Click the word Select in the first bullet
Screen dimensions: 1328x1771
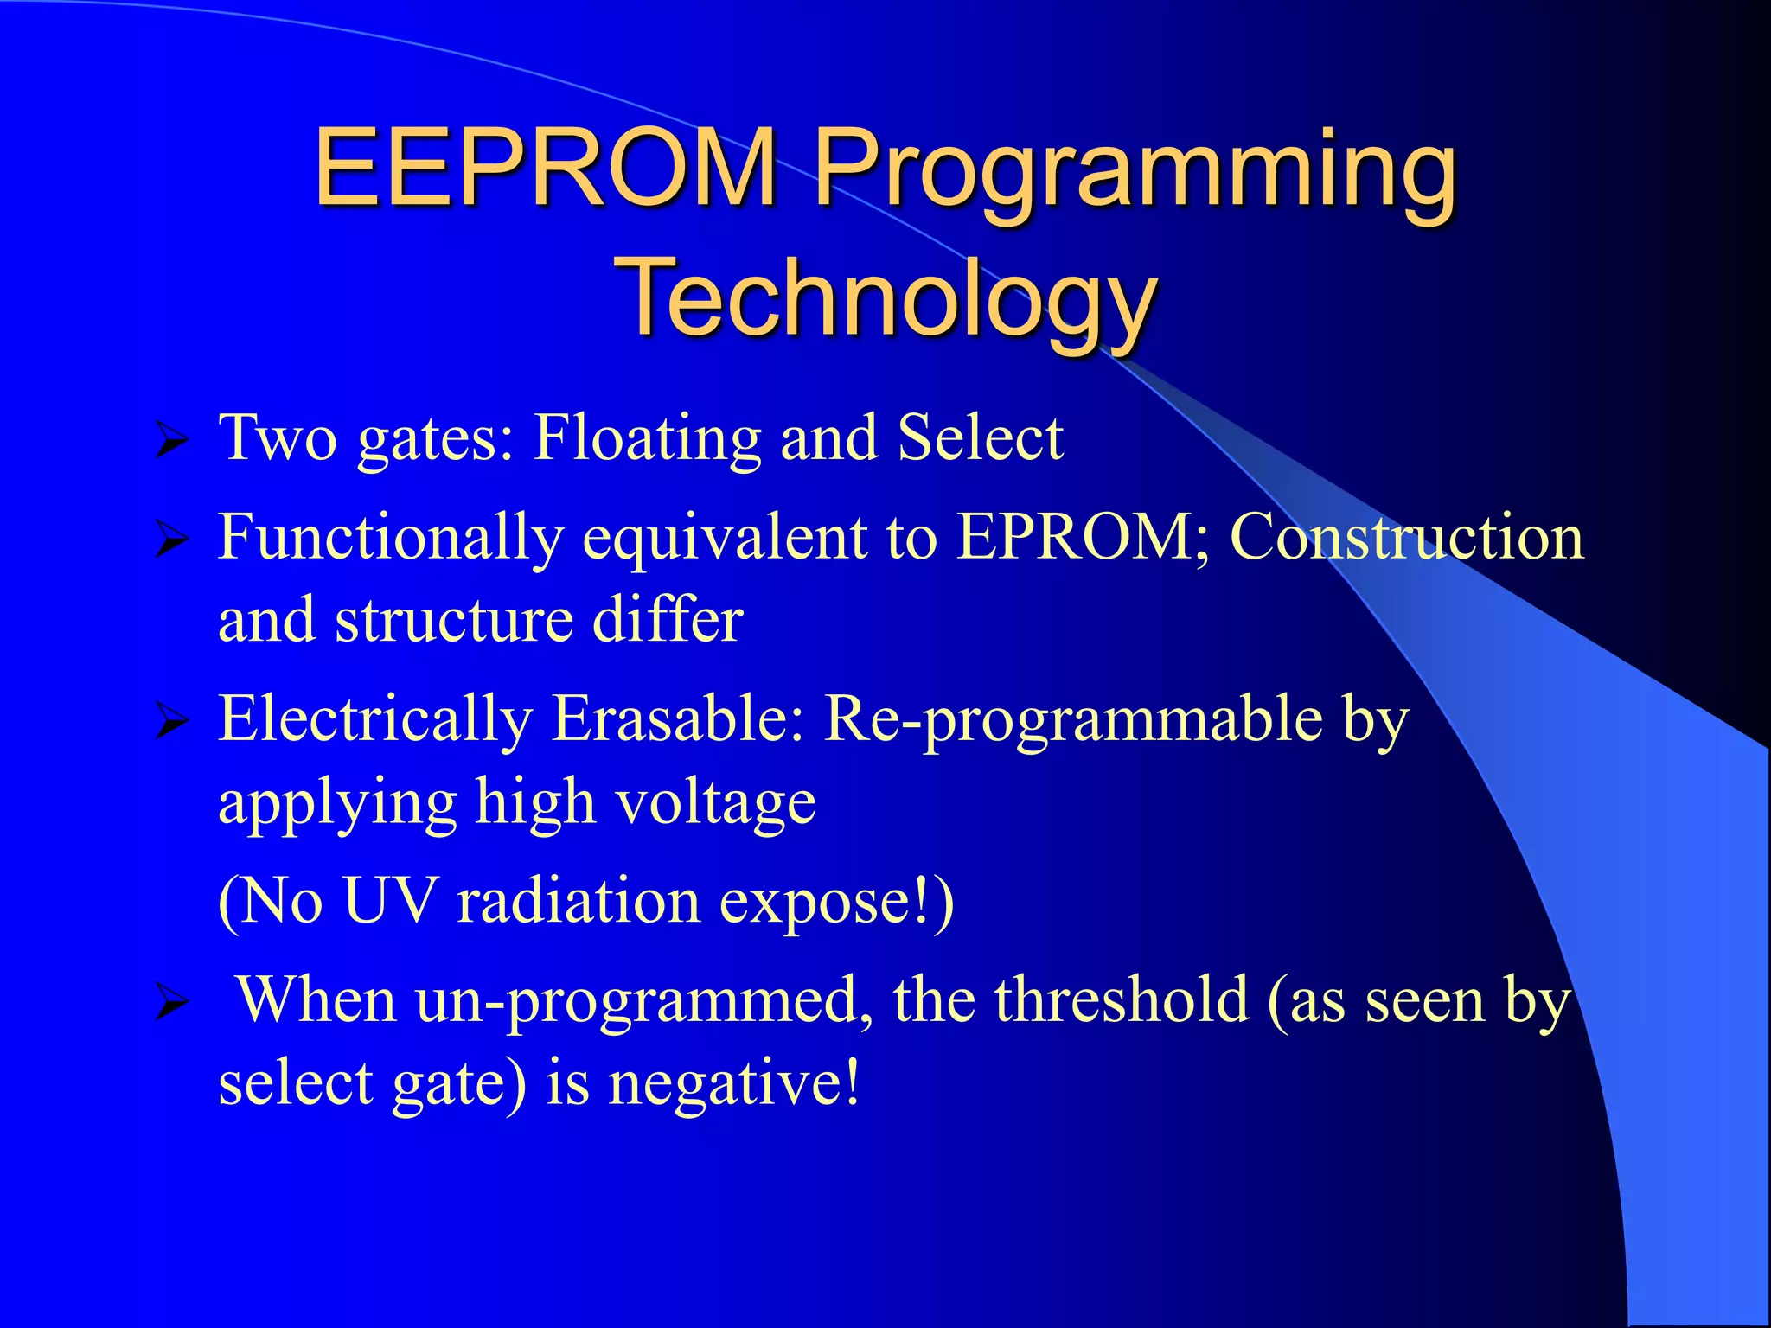pyautogui.click(x=980, y=437)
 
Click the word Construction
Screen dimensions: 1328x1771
pyautogui.click(x=1407, y=537)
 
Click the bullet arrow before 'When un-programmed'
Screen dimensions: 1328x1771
pyautogui.click(x=171, y=1004)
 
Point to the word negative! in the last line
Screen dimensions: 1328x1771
pyautogui.click(x=735, y=1082)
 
